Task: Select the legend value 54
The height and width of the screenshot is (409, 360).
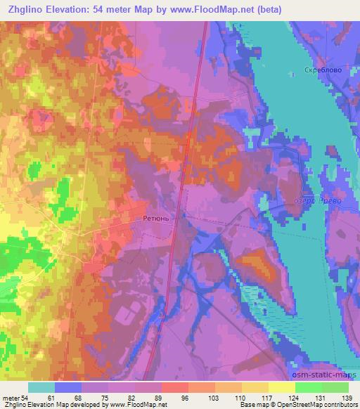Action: click(x=25, y=398)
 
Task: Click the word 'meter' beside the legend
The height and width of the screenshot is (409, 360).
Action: click(x=11, y=398)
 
